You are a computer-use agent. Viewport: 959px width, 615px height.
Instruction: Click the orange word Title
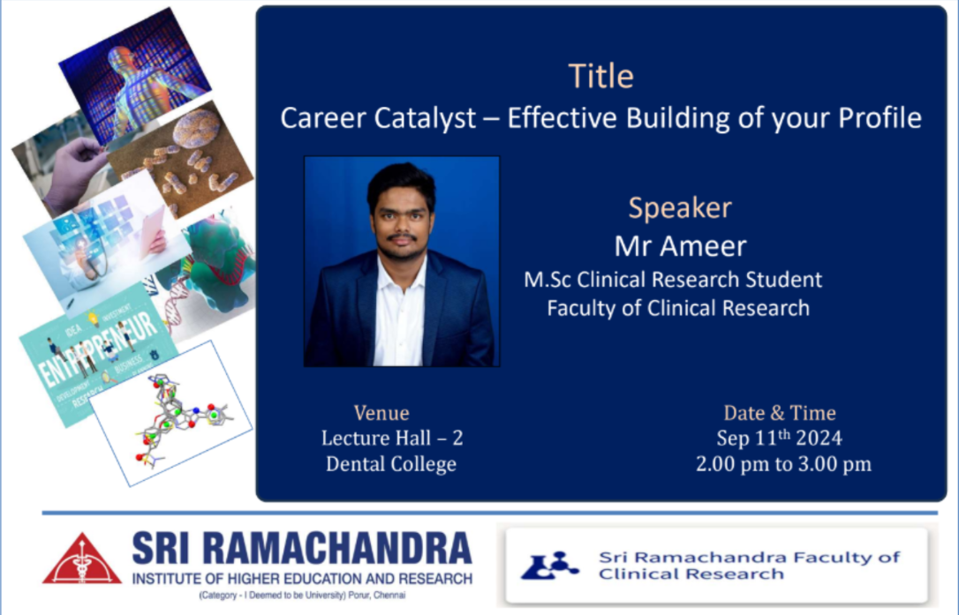pos(600,76)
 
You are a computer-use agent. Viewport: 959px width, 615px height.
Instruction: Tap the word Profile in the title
pos(880,116)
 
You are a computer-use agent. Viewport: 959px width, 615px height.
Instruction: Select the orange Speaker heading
pos(679,208)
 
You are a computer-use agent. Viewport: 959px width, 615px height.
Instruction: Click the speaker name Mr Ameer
pos(680,246)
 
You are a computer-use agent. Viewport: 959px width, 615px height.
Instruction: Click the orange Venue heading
pos(381,413)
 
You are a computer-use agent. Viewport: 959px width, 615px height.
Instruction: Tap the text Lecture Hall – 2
pos(392,438)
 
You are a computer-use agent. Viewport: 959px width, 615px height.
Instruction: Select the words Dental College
pos(391,463)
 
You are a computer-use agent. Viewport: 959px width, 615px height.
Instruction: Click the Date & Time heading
pos(779,413)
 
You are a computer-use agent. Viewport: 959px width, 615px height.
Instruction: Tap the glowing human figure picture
pos(135,77)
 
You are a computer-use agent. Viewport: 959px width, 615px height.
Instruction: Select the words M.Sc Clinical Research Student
pos(673,280)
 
